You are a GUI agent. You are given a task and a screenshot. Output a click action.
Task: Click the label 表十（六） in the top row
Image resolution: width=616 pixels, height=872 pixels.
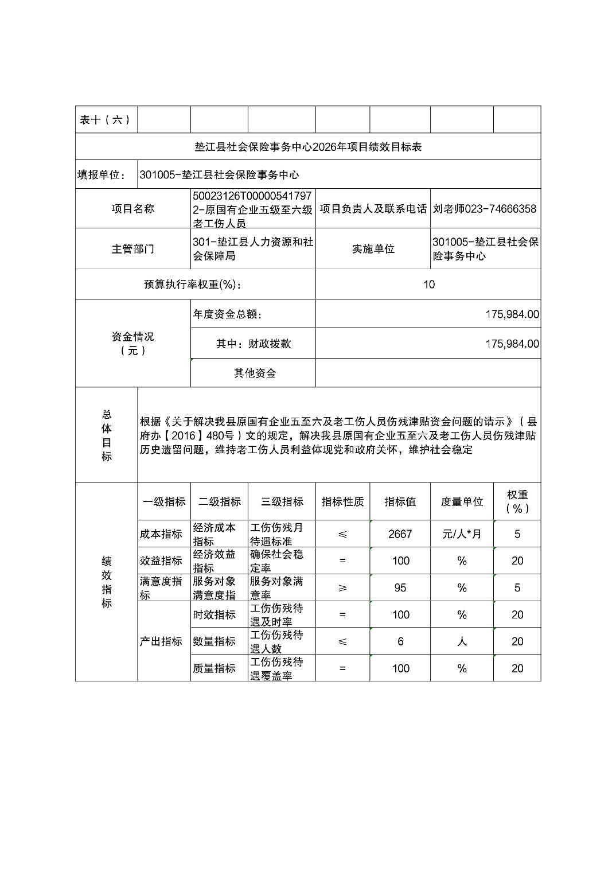coord(106,119)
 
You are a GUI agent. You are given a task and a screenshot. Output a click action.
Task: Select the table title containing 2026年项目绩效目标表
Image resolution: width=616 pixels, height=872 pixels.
coord(308,147)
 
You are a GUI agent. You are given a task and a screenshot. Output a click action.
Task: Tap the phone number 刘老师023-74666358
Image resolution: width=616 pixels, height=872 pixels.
coord(485,209)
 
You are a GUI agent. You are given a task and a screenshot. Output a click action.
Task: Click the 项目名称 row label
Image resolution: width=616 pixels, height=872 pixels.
coord(132,209)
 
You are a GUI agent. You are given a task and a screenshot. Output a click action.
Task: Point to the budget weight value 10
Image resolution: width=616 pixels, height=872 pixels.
coord(428,284)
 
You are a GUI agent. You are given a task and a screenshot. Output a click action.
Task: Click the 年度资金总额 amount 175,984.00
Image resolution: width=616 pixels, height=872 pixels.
coord(512,314)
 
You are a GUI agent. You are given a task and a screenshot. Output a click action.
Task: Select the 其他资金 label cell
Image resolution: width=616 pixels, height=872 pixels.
coord(254,373)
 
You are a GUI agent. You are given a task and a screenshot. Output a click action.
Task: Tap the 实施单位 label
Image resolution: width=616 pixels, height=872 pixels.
coord(373,249)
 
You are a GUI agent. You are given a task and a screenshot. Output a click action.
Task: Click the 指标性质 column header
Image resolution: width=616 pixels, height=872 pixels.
coord(342,501)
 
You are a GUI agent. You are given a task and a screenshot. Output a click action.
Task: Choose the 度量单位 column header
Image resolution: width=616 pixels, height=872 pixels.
coord(462,501)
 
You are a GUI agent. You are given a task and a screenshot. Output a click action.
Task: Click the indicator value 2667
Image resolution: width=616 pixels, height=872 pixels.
coord(400,534)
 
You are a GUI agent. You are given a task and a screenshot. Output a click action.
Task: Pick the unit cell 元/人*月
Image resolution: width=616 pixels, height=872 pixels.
coord(462,534)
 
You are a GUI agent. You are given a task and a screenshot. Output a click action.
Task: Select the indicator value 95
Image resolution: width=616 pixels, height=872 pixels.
coord(400,587)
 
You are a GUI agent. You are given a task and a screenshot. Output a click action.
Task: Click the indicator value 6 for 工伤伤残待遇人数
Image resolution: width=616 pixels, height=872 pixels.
coord(400,641)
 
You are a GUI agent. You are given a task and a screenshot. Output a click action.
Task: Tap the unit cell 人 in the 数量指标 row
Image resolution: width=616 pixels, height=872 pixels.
coord(462,641)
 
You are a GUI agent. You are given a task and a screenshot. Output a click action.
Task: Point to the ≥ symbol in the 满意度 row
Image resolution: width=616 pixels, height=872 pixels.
coord(342,587)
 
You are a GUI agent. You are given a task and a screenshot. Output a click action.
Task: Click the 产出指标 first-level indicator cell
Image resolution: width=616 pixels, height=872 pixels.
coord(161,641)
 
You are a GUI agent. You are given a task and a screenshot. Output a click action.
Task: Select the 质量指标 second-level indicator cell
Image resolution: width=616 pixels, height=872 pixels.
coord(214,668)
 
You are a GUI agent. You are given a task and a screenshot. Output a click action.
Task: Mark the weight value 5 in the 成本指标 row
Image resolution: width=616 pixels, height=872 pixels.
coord(517,534)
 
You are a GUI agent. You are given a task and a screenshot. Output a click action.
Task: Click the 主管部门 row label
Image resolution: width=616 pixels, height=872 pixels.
coord(132,249)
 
